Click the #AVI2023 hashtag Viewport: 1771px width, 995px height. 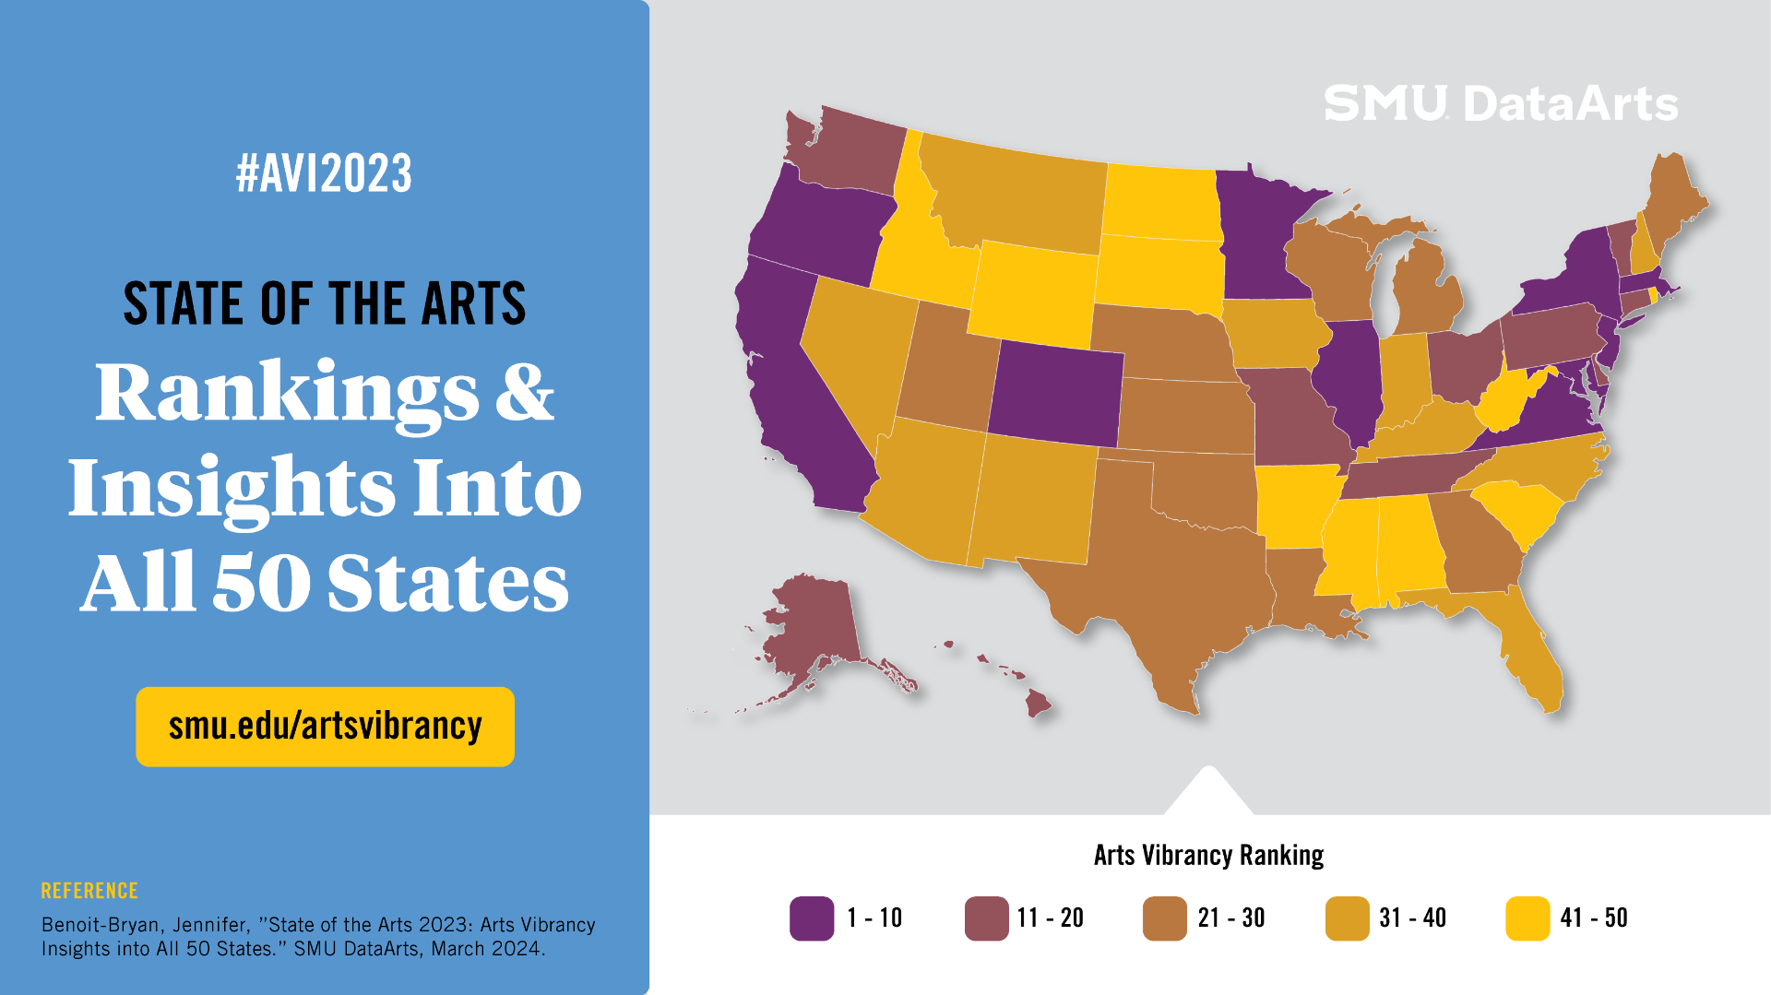pyautogui.click(x=324, y=173)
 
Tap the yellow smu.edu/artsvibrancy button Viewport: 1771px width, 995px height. pyautogui.click(x=325, y=727)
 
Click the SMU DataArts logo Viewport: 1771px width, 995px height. pyautogui.click(x=1501, y=103)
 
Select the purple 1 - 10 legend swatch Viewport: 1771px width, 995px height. pyautogui.click(x=812, y=918)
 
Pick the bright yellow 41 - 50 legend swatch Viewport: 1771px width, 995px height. pyautogui.click(x=1527, y=918)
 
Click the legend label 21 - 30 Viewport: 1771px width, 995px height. pyautogui.click(x=1231, y=918)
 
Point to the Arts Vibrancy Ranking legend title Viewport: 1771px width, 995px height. pyautogui.click(x=1208, y=856)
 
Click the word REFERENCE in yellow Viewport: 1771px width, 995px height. pyautogui.click(x=89, y=891)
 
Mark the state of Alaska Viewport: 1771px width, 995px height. pyautogui.click(x=812, y=627)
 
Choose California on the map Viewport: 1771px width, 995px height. pyautogui.click(x=793, y=387)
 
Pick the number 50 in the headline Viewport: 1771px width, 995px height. pyautogui.click(x=261, y=583)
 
